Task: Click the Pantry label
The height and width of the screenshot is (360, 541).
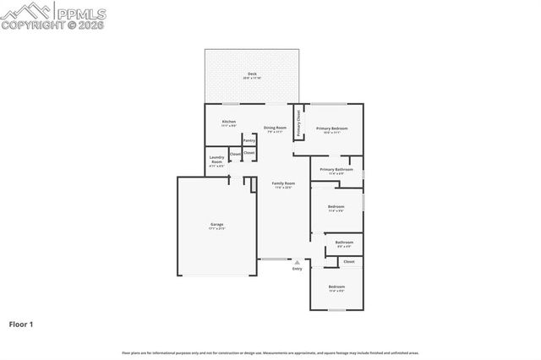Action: coord(249,140)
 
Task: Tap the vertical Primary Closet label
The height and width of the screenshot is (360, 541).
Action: coord(298,117)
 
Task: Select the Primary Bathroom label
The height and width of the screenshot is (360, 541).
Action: coord(336,171)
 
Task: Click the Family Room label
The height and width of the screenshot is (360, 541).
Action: coord(283,185)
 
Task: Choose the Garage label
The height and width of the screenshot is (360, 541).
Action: coord(217,226)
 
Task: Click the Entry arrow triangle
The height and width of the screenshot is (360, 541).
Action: coord(297,263)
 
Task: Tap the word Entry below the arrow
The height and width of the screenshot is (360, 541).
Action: coord(297,269)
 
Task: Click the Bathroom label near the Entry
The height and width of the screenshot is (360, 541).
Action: coord(344,244)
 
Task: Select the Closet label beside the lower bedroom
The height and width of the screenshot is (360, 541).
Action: coord(349,262)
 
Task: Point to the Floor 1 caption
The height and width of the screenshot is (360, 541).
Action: coord(21,324)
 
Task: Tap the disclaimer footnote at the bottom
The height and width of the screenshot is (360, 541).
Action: coord(270,352)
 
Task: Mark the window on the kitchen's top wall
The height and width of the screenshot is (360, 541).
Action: coord(230,104)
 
